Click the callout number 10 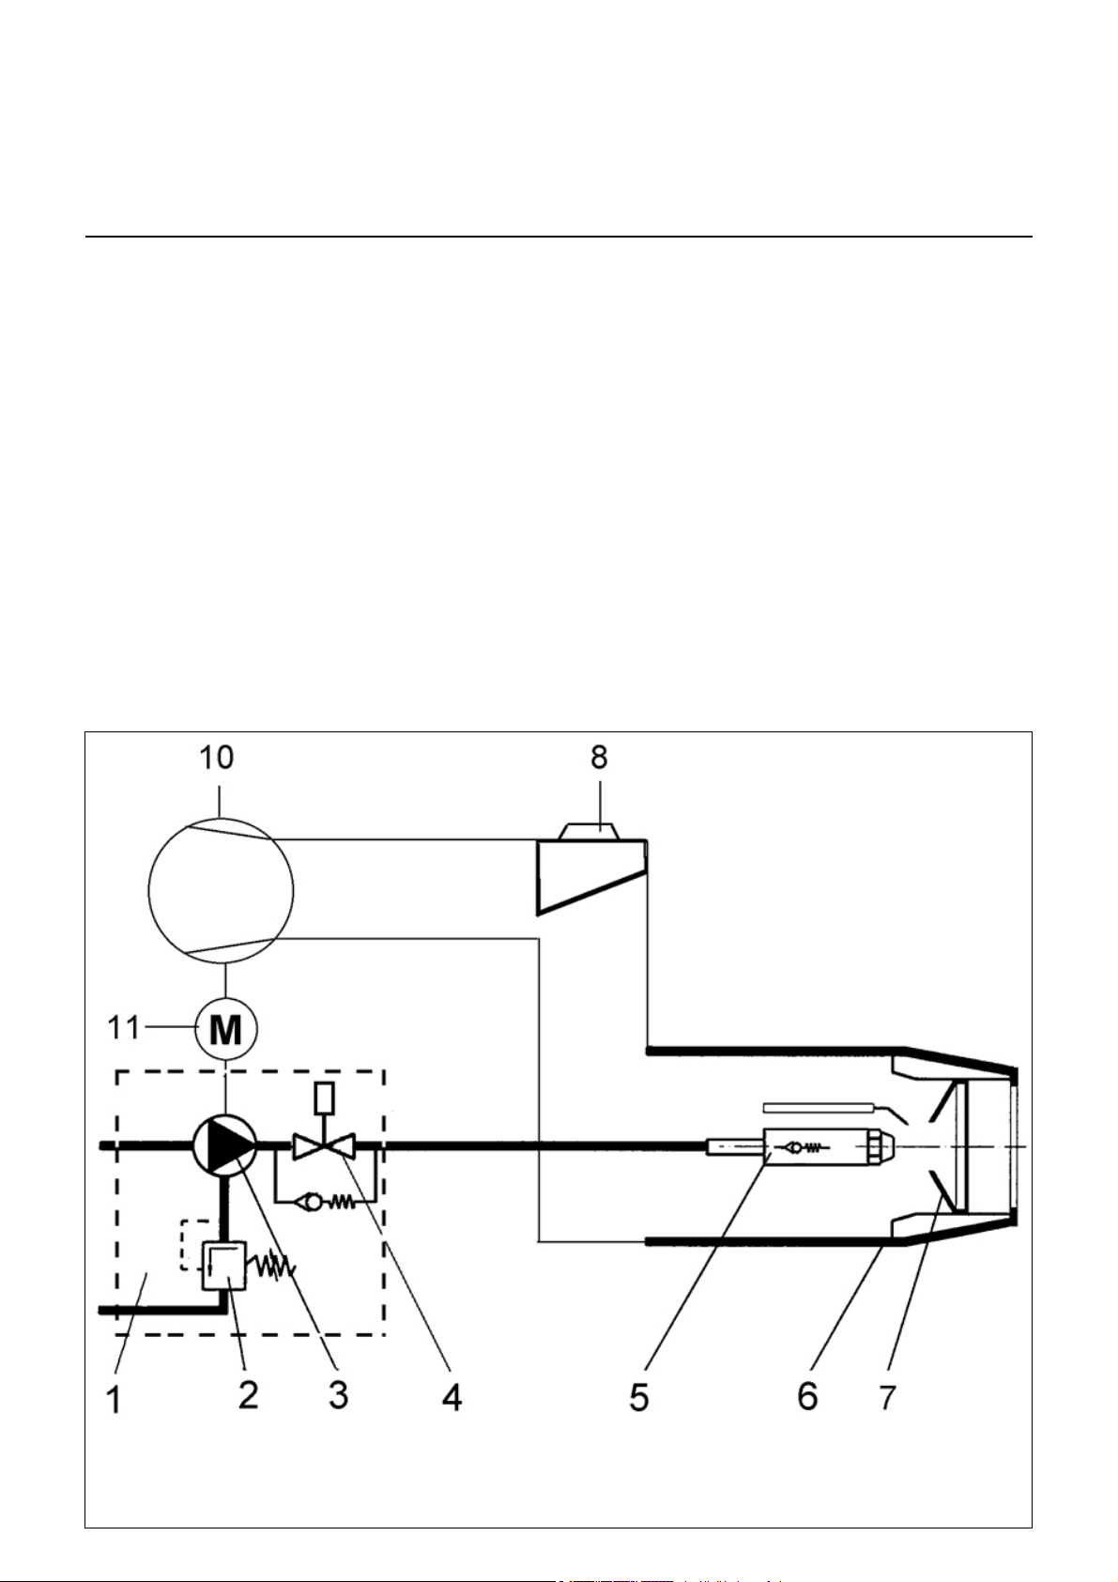coord(216,758)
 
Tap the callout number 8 coord(599,758)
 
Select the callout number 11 coord(124,1028)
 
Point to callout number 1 coord(114,1399)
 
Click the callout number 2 coord(248,1394)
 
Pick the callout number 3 coord(338,1395)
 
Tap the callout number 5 coord(638,1396)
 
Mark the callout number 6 coord(807,1395)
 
